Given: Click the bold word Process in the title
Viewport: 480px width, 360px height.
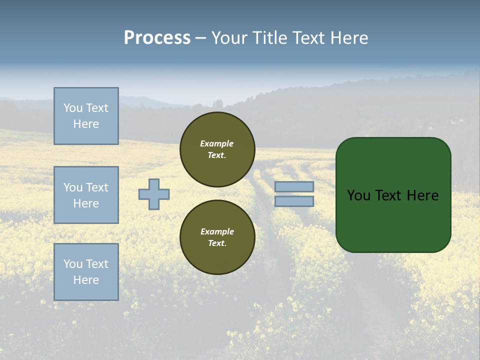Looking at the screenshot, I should (157, 38).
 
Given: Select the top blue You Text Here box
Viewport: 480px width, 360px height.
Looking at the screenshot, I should (86, 116).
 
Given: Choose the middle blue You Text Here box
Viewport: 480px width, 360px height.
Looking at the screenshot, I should (86, 195).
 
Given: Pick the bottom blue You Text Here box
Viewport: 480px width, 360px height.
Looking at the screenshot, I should (86, 272).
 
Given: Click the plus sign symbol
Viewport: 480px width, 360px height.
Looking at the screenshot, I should (154, 194).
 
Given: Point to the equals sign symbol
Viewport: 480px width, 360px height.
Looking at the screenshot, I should (294, 194).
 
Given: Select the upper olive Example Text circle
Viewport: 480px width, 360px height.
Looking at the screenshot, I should (217, 149).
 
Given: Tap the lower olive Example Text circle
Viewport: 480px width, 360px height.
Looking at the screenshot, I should (217, 237).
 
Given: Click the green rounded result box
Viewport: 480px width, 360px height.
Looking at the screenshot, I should (393, 195).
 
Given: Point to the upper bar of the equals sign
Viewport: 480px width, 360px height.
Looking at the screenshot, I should (294, 187).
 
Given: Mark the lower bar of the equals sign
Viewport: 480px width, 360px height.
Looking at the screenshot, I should (294, 201).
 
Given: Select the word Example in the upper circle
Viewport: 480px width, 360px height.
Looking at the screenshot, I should (217, 143).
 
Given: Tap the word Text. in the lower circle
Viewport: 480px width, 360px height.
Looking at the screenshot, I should (217, 243).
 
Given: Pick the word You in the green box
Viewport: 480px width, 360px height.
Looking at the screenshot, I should (358, 195).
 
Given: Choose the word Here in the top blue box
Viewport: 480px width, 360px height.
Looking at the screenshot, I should (86, 124).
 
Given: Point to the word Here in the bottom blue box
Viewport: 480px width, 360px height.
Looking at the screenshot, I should (86, 280).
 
